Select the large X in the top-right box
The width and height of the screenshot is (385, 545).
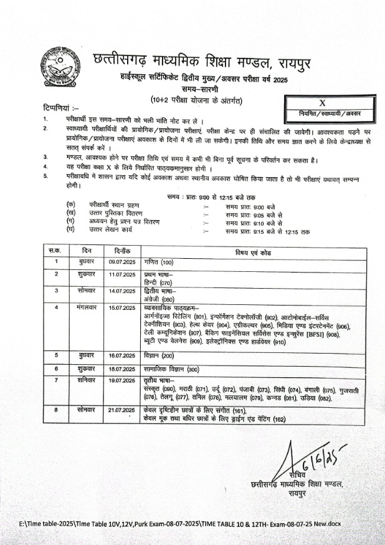click(323, 103)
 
